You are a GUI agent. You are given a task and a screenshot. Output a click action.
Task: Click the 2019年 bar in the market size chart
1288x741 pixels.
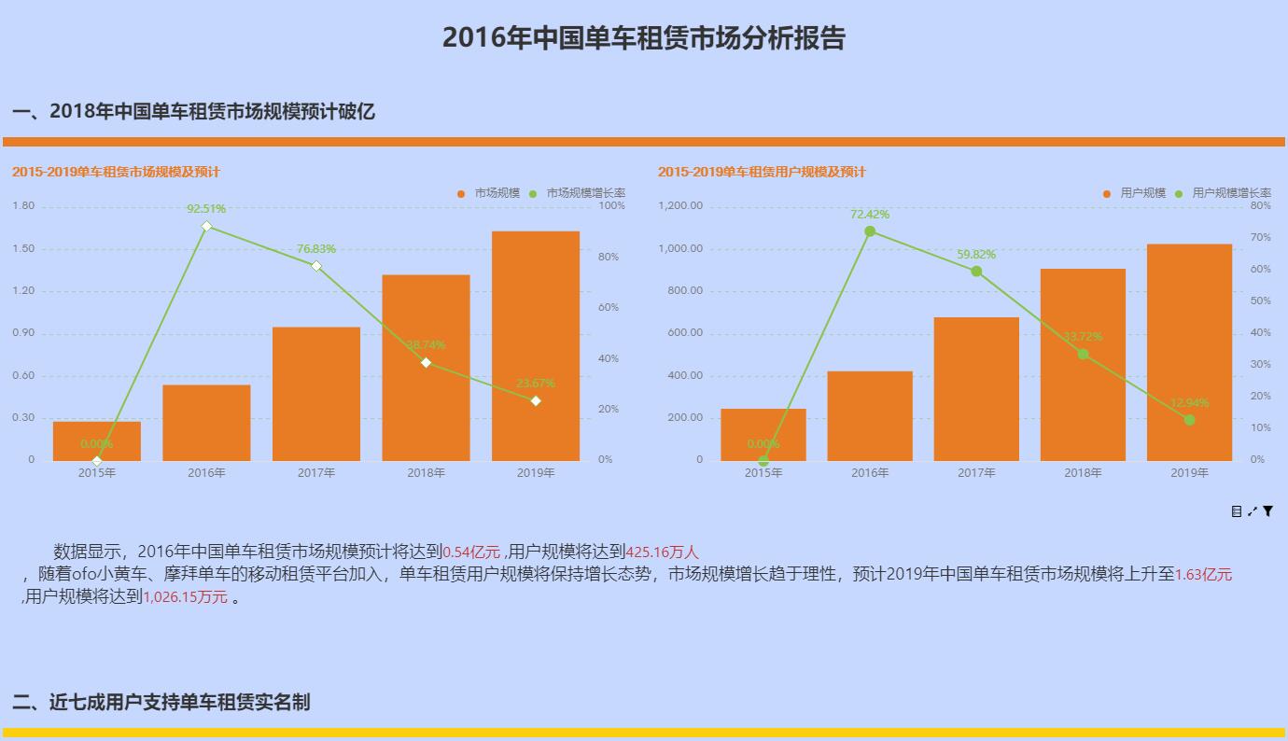[x=535, y=345]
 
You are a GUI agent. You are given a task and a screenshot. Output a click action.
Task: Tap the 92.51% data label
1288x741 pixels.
[x=206, y=209]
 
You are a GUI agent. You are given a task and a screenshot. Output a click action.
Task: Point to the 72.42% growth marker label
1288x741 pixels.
[x=870, y=215]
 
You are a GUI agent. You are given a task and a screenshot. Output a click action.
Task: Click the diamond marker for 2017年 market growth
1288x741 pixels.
[x=316, y=266]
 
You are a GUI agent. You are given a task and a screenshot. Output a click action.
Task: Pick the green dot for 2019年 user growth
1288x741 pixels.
[x=1189, y=420]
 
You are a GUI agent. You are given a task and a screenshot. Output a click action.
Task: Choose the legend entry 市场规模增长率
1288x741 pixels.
[x=584, y=193]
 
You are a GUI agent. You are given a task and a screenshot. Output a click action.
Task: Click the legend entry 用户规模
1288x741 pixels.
[x=1142, y=193]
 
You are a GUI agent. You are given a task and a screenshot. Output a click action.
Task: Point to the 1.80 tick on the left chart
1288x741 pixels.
[x=23, y=206]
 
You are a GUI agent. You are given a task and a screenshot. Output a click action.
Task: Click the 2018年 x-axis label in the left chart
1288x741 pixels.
[x=426, y=473]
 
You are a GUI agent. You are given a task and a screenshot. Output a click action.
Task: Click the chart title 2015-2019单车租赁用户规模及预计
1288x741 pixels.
[x=762, y=172]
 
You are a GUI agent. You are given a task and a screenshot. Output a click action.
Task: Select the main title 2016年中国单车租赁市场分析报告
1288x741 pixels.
[x=643, y=38]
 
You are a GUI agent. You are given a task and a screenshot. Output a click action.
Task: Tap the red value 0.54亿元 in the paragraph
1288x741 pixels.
[x=471, y=552]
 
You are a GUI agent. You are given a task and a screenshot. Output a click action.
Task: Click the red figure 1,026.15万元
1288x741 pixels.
[x=185, y=597]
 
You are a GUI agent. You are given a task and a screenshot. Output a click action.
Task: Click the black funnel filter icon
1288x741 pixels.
[x=1268, y=511]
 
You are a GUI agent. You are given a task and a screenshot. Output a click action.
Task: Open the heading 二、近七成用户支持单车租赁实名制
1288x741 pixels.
[x=161, y=702]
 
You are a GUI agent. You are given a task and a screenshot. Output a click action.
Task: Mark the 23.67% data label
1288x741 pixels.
[x=536, y=384]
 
